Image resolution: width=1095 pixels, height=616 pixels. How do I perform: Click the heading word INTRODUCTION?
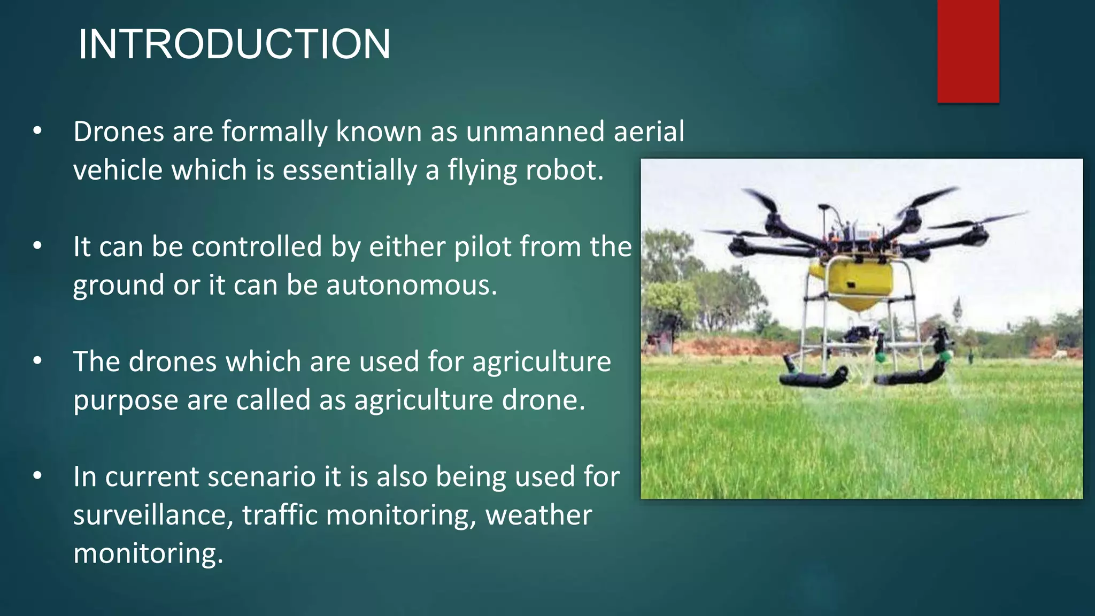(234, 44)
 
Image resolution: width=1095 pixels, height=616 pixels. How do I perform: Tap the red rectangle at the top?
(968, 51)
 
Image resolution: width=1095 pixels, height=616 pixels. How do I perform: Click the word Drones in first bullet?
(118, 132)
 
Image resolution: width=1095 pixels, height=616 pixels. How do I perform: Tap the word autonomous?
(412, 285)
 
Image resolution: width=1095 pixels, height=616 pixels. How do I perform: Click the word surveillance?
(153, 515)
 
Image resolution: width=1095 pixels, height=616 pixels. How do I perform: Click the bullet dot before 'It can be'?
(37, 247)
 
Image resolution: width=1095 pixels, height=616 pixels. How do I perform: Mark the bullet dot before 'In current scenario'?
(37, 476)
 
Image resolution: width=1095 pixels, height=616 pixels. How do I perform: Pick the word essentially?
(349, 170)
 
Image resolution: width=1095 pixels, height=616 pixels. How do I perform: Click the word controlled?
(257, 247)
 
